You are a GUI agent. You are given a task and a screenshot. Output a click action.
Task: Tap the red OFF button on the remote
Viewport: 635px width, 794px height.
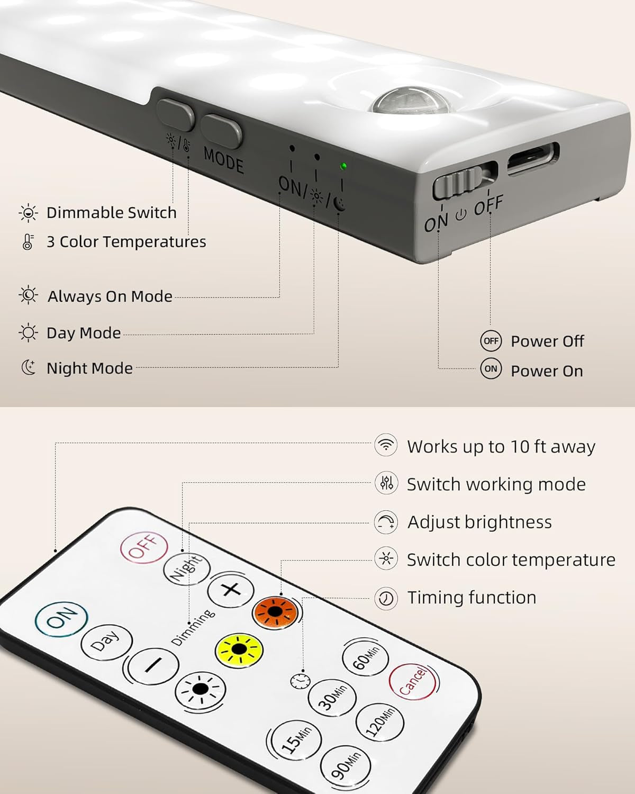coord(144,547)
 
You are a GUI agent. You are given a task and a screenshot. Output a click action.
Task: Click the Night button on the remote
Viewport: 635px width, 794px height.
coord(187,569)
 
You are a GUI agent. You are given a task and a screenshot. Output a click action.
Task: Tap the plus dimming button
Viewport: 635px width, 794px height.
coord(231,590)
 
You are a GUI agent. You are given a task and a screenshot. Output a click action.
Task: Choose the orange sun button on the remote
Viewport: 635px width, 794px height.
coord(275,613)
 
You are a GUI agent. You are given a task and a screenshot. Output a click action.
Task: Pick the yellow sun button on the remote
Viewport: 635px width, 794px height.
coord(239,650)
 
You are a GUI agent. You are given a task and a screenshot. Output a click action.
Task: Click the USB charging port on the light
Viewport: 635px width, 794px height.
coord(533,159)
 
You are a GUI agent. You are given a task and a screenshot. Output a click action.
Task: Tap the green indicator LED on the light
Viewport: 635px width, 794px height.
coord(343,166)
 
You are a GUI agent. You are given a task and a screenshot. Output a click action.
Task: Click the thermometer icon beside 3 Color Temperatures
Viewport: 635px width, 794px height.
coord(28,241)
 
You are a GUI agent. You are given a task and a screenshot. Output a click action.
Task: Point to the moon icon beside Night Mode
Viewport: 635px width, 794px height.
coord(28,367)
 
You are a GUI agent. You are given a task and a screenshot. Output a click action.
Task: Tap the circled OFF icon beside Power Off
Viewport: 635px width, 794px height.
coord(491,341)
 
